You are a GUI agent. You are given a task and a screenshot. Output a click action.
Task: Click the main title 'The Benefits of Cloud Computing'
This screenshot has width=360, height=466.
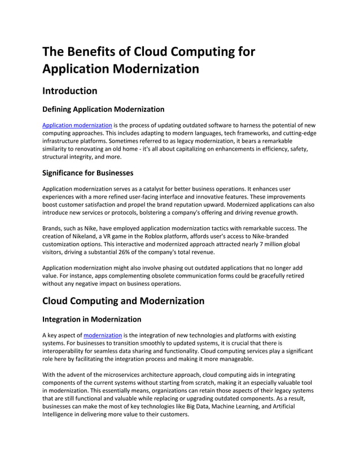149,52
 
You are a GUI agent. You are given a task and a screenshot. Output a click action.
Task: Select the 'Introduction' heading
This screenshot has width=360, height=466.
70,91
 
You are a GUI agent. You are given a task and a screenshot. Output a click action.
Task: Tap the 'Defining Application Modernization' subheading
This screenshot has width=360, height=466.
103,109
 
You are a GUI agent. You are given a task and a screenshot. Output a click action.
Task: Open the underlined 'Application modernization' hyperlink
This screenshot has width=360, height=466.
77,125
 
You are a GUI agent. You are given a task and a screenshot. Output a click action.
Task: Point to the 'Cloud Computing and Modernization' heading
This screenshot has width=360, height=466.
124,301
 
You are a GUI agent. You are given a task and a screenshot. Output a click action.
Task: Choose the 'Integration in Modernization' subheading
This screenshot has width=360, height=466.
92,319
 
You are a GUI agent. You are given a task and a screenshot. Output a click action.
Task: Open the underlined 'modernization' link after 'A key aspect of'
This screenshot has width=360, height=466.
103,335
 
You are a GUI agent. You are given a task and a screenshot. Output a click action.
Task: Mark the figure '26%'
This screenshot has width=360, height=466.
141,252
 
